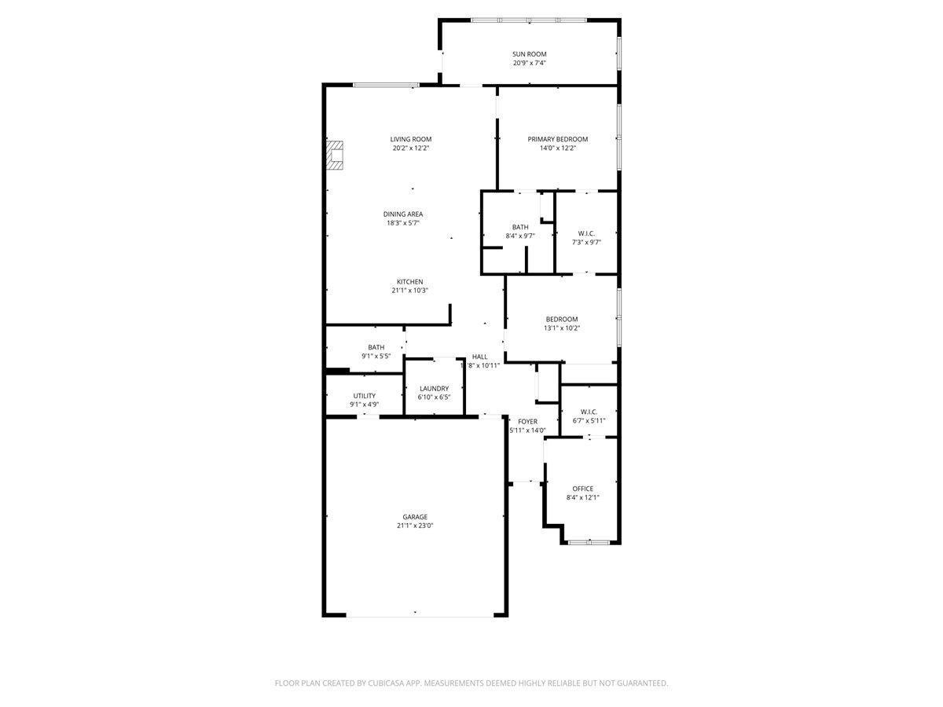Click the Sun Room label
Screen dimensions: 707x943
[x=529, y=54]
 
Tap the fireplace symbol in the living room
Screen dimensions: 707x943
[x=336, y=155]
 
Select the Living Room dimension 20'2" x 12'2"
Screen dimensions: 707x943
[x=411, y=148]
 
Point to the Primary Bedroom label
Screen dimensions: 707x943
[x=557, y=139]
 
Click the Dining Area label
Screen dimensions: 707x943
[x=403, y=214]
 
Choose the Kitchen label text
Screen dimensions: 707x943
[x=409, y=282]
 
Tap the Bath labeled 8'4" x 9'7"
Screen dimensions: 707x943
[x=519, y=227]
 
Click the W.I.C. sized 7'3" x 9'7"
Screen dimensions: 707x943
[x=586, y=233]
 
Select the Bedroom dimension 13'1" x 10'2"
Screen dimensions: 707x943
[x=562, y=328]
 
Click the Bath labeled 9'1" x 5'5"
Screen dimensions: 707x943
[x=376, y=347]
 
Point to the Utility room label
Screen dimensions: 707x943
[x=364, y=396]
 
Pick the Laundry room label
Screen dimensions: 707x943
[x=434, y=388]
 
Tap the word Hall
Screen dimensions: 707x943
[x=479, y=357]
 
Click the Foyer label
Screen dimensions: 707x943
[x=527, y=422]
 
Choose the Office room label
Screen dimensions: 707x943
[x=582, y=489]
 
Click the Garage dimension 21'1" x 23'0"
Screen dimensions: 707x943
[x=415, y=526]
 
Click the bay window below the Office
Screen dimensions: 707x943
[x=589, y=542]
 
